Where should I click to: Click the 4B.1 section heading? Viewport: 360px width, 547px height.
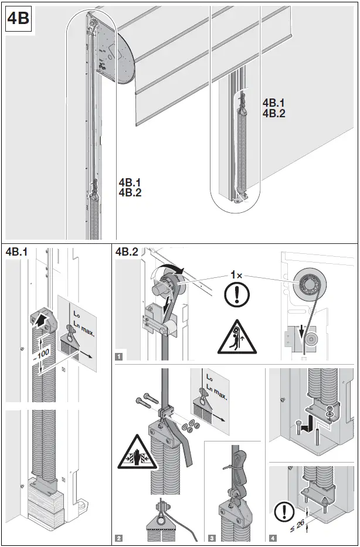(x=18, y=253)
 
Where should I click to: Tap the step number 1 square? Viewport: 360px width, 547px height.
(x=120, y=355)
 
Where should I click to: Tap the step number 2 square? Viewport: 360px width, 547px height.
(x=120, y=538)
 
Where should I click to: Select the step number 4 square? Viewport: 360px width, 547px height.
(x=272, y=538)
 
